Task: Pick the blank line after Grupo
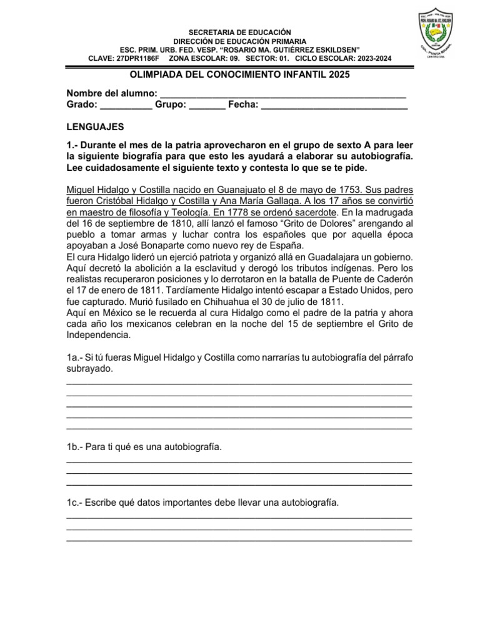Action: (x=207, y=105)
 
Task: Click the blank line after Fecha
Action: (x=334, y=105)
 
